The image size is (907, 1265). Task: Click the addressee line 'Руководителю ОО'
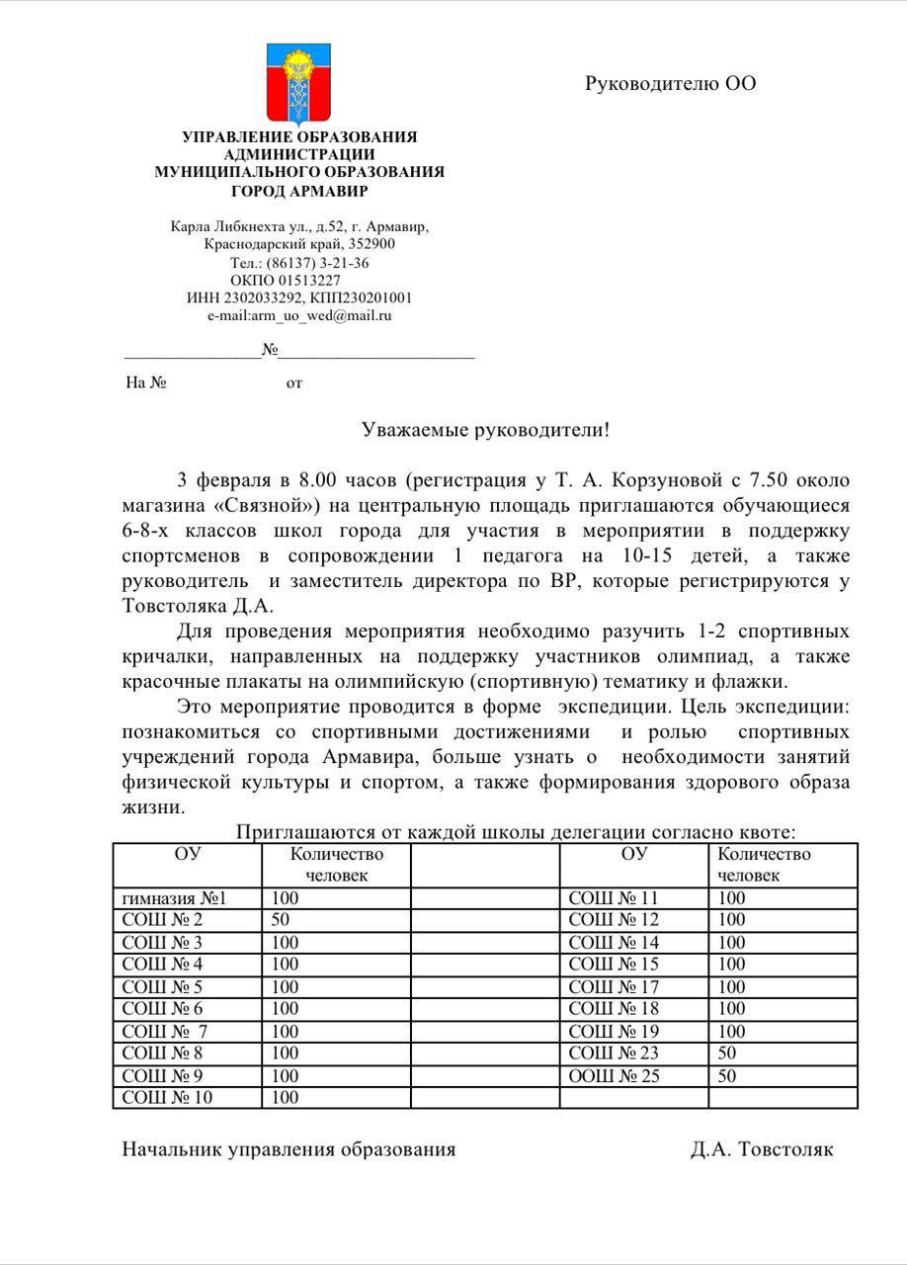[670, 83]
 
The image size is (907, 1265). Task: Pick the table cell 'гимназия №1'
[175, 898]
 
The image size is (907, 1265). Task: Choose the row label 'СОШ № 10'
[167, 1097]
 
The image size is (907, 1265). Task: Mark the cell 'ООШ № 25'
[614, 1075]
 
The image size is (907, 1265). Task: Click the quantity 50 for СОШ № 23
[727, 1054]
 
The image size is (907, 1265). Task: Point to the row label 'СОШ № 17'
[614, 986]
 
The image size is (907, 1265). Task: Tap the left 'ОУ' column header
[187, 854]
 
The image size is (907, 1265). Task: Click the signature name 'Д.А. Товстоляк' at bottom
[762, 1149]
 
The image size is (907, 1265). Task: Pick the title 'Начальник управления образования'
[289, 1149]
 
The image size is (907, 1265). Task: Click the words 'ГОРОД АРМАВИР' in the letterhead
[298, 191]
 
